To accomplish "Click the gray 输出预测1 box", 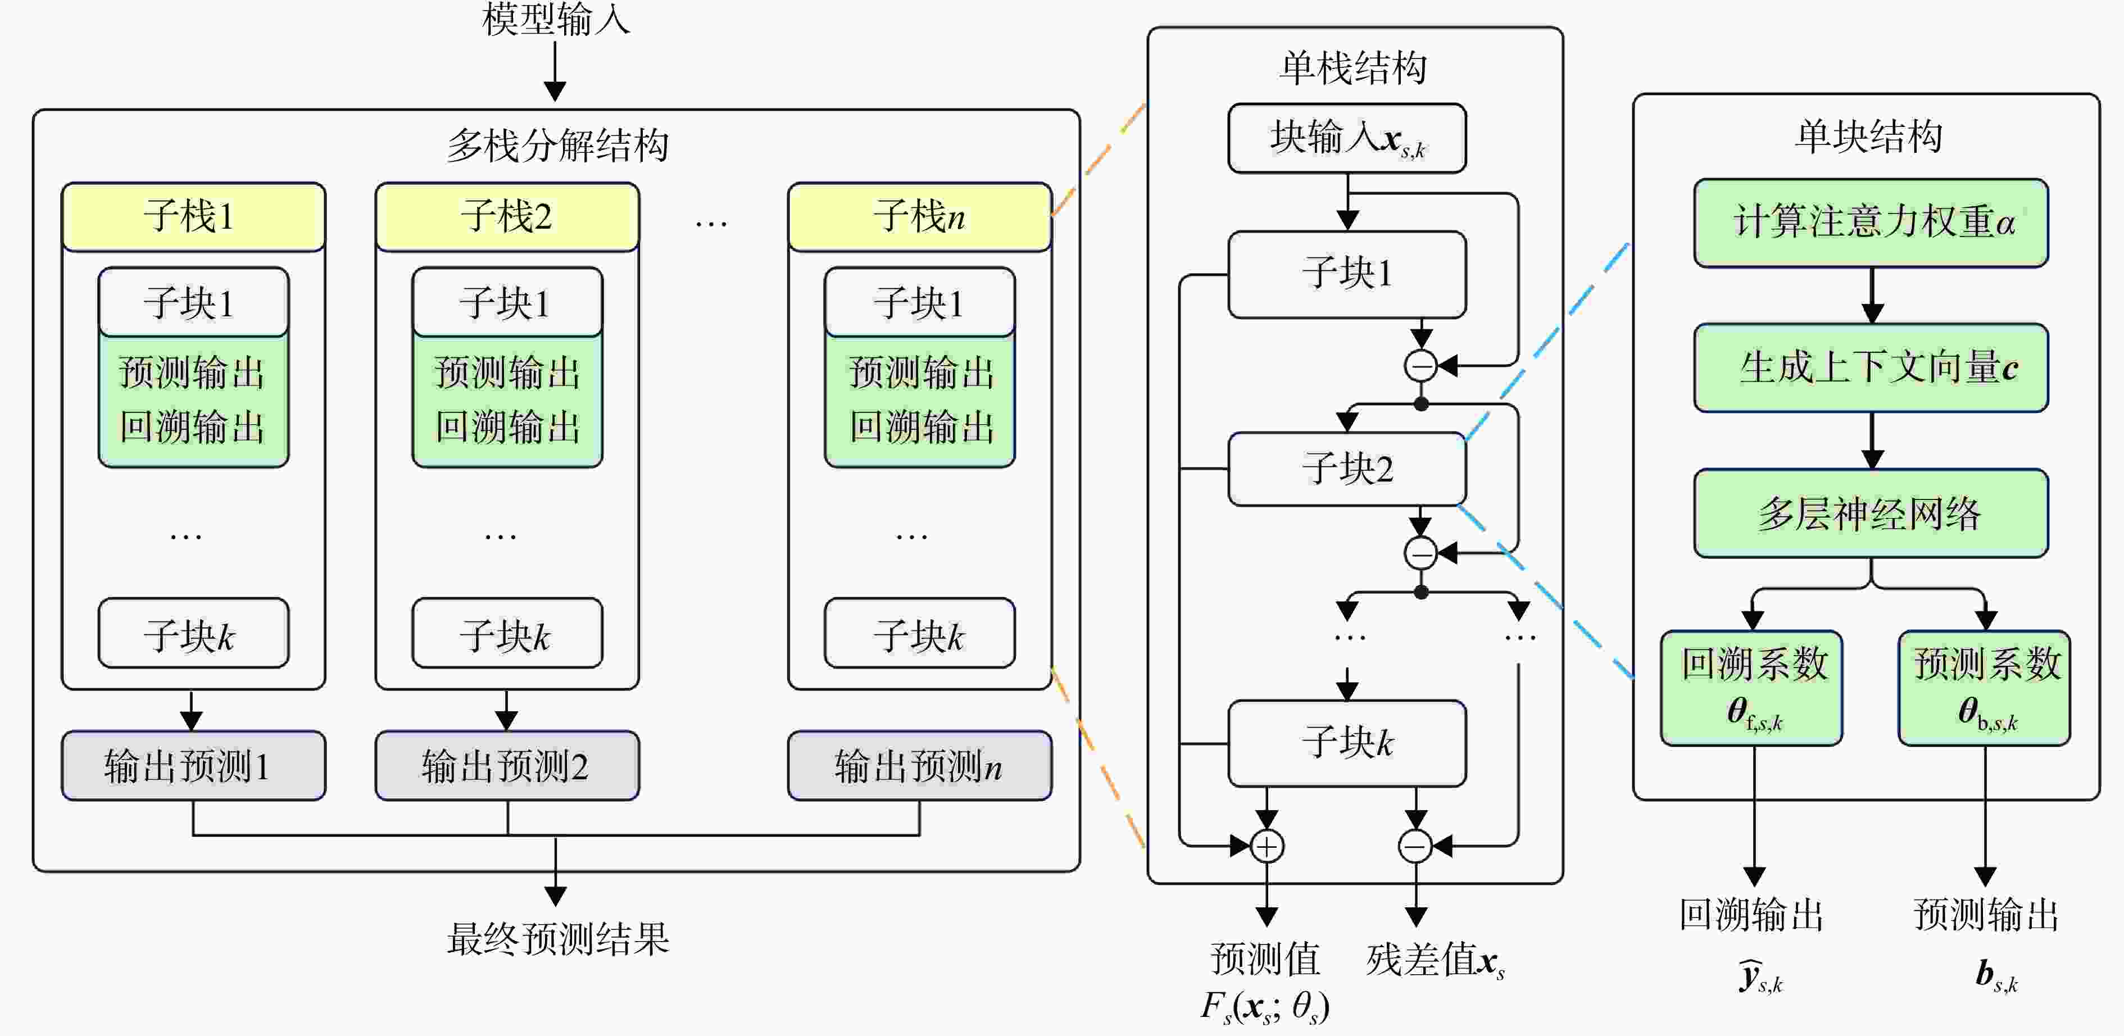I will (193, 766).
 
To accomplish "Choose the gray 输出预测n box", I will (919, 766).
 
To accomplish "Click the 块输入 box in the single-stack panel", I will (1346, 138).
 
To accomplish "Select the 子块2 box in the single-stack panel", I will (1346, 468).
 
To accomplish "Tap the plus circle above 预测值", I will (1267, 846).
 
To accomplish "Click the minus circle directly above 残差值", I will (1416, 846).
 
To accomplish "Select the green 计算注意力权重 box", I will (1871, 222).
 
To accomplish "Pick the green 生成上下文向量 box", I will (1871, 367).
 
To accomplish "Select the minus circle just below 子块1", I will (1420, 365).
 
